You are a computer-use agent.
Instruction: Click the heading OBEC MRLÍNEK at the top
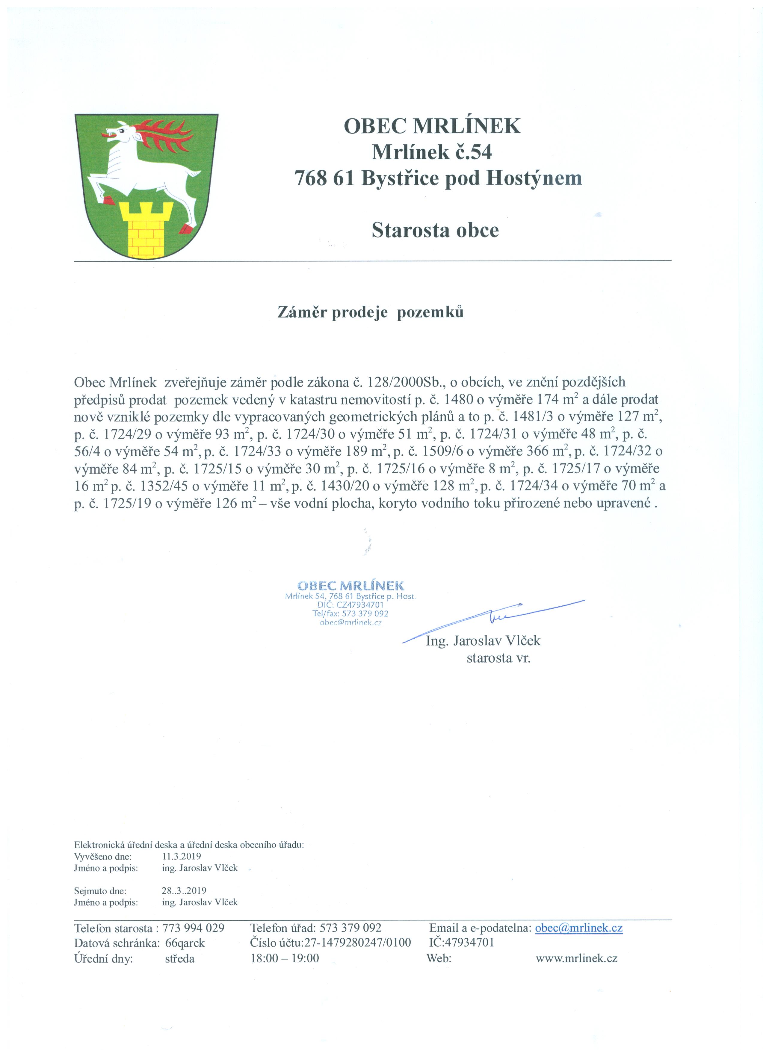coord(432,126)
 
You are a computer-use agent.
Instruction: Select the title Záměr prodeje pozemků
coord(370,313)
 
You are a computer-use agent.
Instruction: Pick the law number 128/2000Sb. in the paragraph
coord(406,382)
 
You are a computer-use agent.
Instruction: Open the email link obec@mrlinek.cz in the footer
coord(579,928)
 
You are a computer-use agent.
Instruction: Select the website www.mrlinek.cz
coord(576,958)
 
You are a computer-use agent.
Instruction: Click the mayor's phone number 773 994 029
coord(194,928)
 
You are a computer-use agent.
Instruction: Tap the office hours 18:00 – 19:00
coord(285,958)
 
